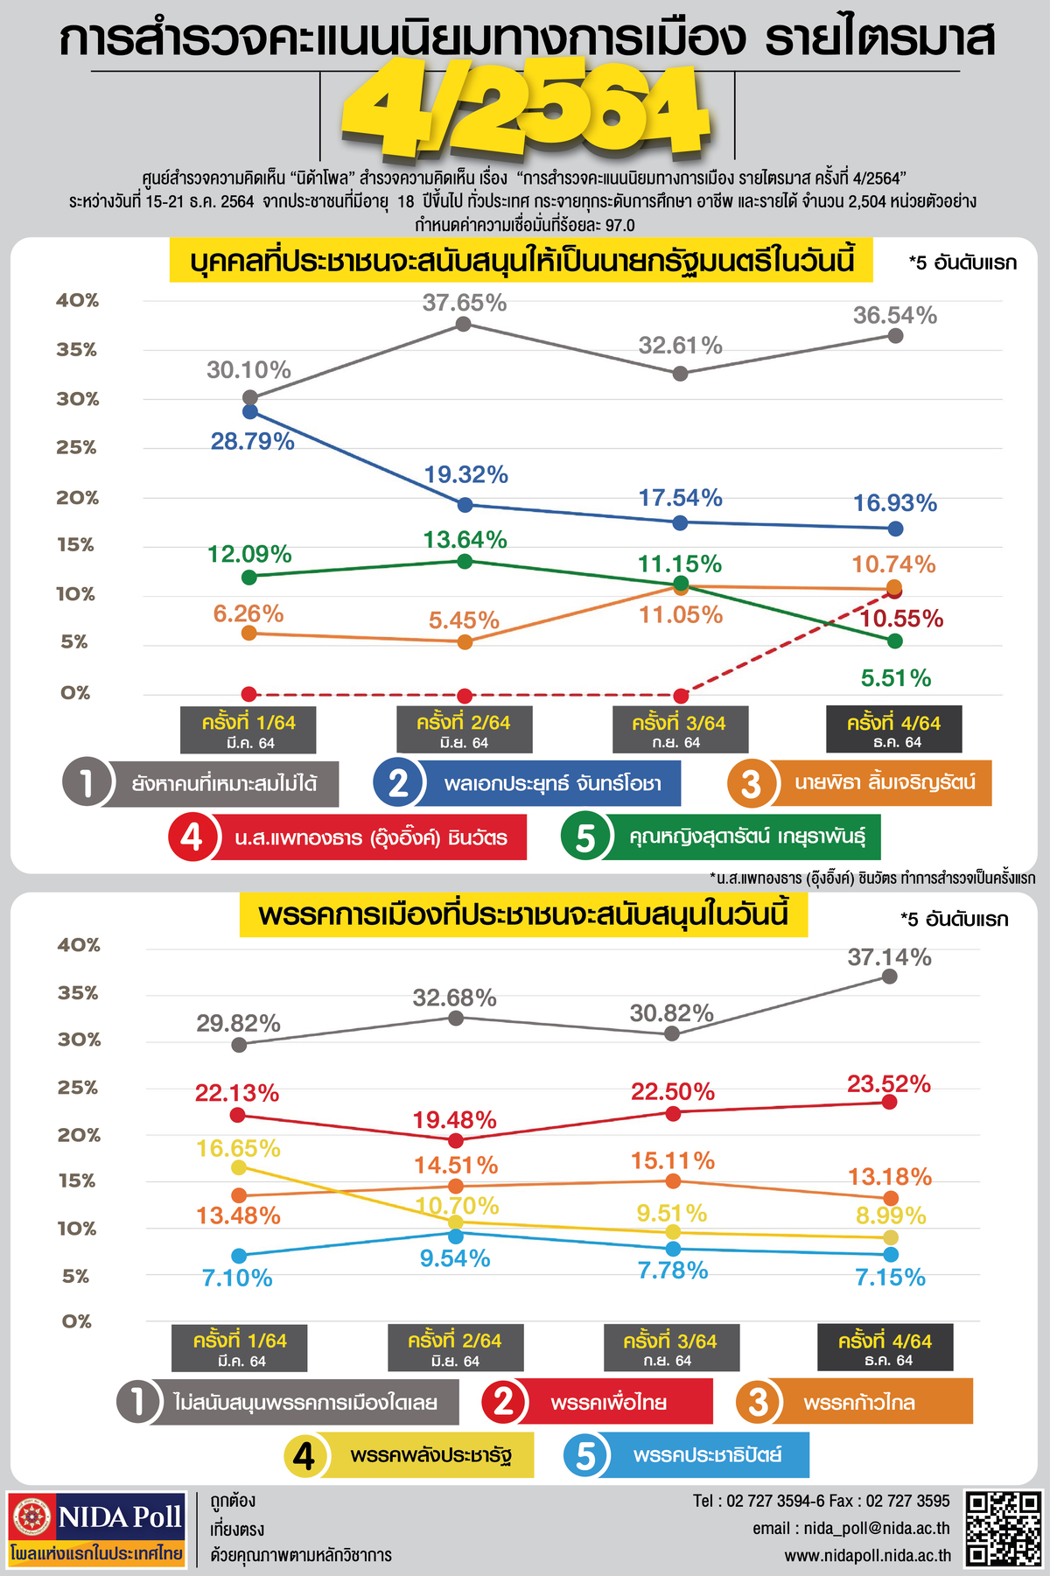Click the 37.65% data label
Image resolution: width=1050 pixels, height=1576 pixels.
point(464,303)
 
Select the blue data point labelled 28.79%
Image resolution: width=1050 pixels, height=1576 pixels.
point(250,410)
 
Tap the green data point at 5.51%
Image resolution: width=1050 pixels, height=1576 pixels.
point(894,641)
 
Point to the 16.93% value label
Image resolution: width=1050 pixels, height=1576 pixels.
point(895,503)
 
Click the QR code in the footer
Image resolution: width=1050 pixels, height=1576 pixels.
point(1003,1529)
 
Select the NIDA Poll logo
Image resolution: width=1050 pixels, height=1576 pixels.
point(97,1528)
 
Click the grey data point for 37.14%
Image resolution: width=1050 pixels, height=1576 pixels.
point(889,977)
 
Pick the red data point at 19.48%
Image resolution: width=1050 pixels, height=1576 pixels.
point(455,1140)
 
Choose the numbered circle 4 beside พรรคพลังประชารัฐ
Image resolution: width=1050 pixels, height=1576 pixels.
point(304,1455)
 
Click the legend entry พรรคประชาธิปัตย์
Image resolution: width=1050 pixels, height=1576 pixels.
point(707,1455)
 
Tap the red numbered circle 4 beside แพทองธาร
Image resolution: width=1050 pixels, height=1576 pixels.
point(191,837)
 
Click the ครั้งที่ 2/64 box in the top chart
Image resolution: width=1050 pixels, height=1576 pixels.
point(464,730)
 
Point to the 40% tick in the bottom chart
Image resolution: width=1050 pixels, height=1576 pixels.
point(79,945)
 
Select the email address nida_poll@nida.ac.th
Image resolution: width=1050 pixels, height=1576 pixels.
point(850,1528)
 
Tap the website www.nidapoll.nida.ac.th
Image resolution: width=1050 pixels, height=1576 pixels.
point(867,1555)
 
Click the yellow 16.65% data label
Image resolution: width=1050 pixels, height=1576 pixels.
point(238,1148)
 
